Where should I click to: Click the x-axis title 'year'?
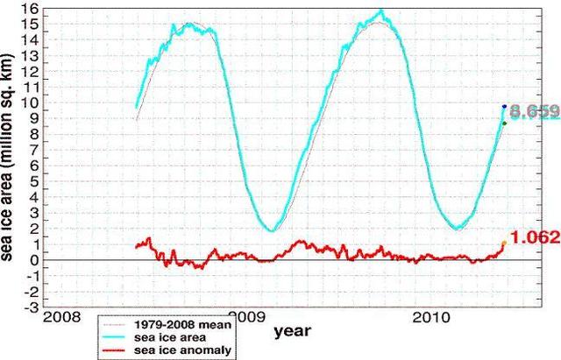click(x=290, y=331)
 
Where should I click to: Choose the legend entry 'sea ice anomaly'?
click(x=176, y=350)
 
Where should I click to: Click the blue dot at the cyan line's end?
click(x=504, y=106)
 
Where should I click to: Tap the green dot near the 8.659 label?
click(x=504, y=123)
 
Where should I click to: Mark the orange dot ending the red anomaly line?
click(x=503, y=244)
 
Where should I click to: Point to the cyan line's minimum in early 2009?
click(x=273, y=230)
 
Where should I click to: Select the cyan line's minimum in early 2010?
click(x=458, y=229)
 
